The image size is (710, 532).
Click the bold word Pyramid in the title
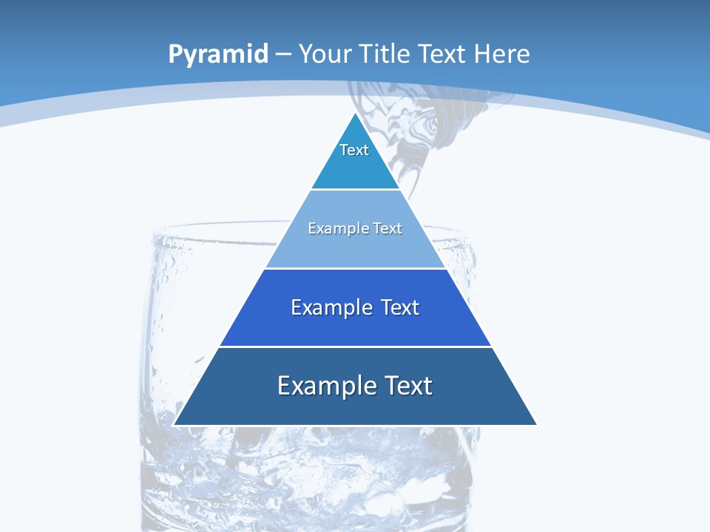coord(218,55)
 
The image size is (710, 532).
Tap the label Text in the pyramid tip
coord(354,150)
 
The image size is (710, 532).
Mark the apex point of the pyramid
coord(355,113)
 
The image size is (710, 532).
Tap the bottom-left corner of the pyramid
coord(175,424)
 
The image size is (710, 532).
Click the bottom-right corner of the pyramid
coord(535,424)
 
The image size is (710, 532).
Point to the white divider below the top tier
coord(355,190)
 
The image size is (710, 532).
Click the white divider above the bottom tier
coord(355,347)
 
